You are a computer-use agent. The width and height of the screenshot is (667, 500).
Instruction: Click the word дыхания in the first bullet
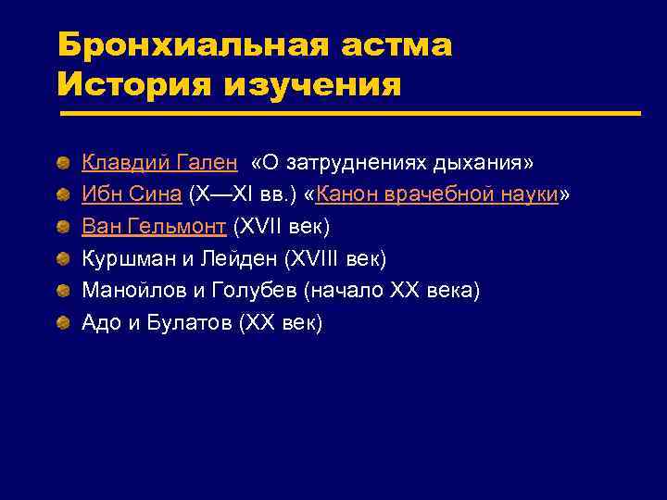coord(487,163)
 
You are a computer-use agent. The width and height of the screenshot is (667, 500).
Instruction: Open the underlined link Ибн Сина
coord(132,195)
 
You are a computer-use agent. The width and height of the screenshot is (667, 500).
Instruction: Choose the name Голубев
coord(255,291)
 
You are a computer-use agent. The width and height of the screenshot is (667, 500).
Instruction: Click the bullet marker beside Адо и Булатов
coord(62,323)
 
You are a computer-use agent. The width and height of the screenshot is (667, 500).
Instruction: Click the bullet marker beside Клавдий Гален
coord(62,164)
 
